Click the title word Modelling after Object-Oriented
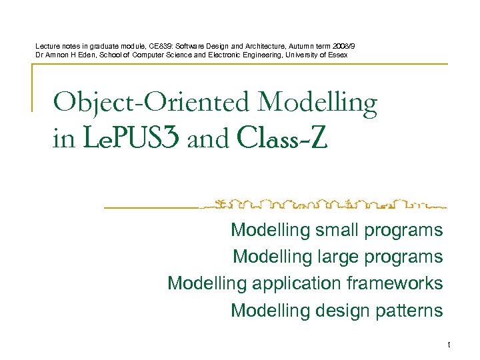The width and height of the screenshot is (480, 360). (317, 103)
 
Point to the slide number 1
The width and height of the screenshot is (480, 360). (449, 345)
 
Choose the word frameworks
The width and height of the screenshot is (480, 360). (395, 283)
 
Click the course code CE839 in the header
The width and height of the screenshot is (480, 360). (157, 45)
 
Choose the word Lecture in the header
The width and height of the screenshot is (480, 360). (47, 45)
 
